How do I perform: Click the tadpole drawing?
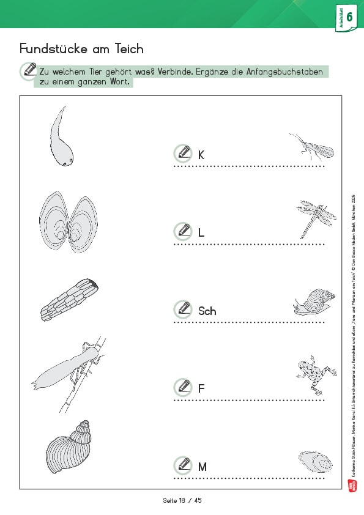point(62,141)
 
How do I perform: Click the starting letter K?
point(201,155)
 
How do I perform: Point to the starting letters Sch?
point(207,311)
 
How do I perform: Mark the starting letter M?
point(202,467)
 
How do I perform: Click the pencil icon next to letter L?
point(182,231)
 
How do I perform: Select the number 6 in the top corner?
point(349,17)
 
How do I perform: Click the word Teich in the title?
point(127,48)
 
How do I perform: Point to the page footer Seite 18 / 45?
point(182,500)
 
